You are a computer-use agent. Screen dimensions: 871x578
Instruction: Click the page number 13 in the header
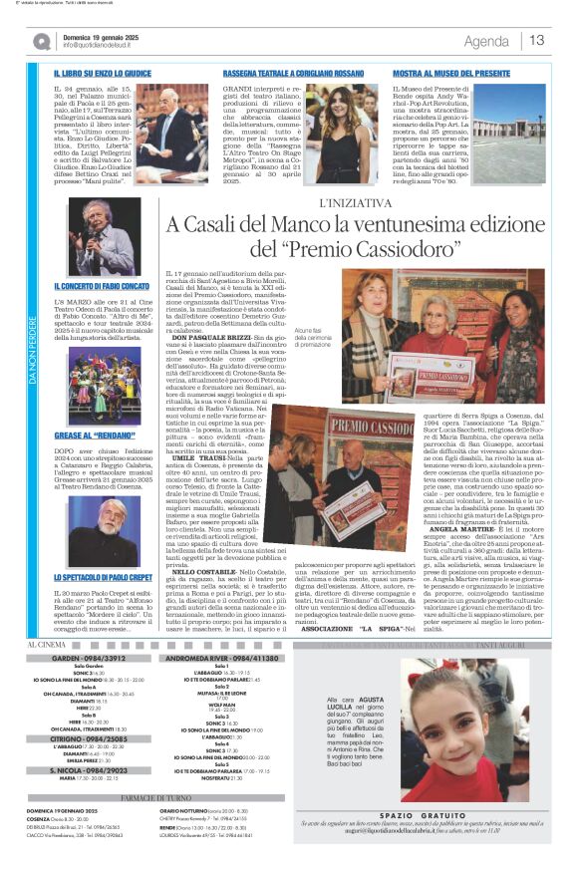coord(537,40)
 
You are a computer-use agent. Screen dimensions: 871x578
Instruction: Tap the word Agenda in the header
coord(485,41)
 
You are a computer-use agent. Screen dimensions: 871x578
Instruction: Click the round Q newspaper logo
coord(41,41)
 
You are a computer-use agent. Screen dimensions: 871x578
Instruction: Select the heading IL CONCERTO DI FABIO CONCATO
coord(100,286)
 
